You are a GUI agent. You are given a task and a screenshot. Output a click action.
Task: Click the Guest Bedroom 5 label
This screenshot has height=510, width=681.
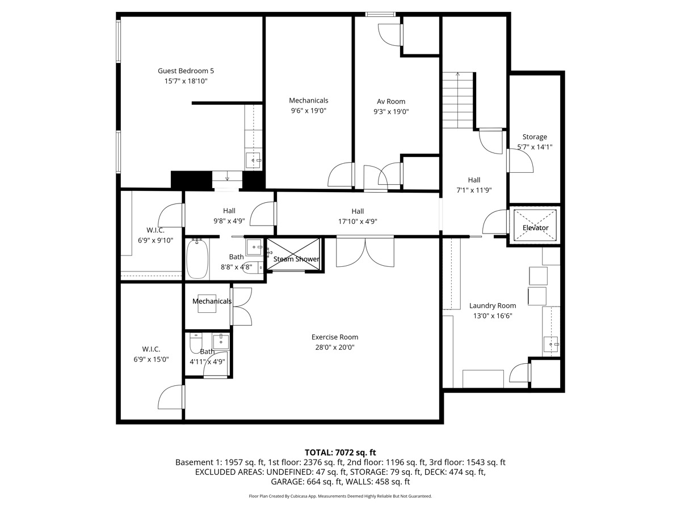pyautogui.click(x=186, y=71)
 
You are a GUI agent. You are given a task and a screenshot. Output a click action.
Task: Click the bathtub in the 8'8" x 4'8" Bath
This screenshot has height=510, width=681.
pyautogui.click(x=197, y=259)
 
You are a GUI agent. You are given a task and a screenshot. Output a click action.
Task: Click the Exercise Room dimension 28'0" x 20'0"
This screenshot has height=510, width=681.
pyautogui.click(x=334, y=348)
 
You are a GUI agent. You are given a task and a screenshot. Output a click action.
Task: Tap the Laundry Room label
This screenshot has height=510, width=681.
pyautogui.click(x=492, y=305)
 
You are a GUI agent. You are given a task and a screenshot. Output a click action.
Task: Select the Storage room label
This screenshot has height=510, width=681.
pyautogui.click(x=535, y=137)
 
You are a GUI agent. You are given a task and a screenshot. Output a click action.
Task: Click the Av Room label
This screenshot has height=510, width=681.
pyautogui.click(x=391, y=101)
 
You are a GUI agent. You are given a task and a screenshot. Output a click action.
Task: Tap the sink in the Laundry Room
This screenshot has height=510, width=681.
pyautogui.click(x=550, y=344)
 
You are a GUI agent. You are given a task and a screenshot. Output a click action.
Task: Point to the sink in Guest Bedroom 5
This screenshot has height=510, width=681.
pyautogui.click(x=253, y=160)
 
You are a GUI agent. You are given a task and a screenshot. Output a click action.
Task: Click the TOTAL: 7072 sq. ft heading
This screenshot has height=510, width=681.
pyautogui.click(x=340, y=452)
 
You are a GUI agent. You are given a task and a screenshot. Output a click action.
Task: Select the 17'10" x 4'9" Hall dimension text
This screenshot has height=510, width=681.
pyautogui.click(x=357, y=222)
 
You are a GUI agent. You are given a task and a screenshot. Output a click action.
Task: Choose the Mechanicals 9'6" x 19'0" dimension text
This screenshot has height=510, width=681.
pyautogui.click(x=308, y=111)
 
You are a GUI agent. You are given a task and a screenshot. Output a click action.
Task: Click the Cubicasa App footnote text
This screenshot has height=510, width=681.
pyautogui.click(x=340, y=496)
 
